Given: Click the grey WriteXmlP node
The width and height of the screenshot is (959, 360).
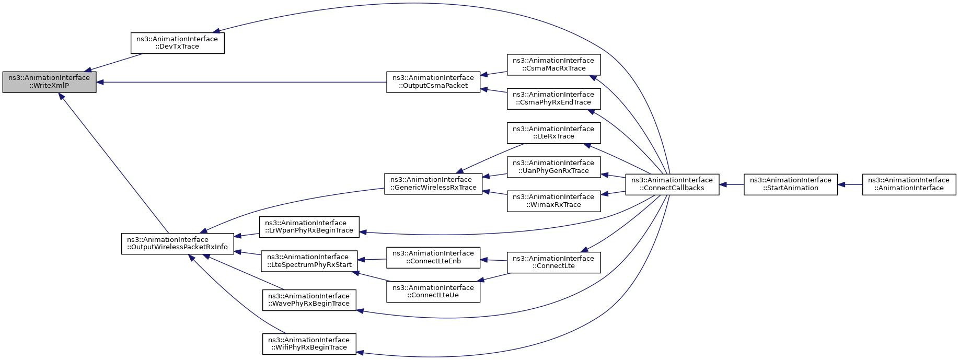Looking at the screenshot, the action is pos(50,82).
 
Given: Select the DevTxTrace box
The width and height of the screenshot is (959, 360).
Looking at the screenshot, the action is pos(177,43).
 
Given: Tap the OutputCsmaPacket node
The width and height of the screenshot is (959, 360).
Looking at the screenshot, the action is pos(433,82).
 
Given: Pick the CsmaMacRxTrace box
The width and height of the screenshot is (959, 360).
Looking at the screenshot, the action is pos(553,64).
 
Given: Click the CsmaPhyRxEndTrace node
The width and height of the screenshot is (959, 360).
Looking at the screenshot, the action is pos(553,99).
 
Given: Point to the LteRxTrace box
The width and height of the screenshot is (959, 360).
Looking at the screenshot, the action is pos(553,133).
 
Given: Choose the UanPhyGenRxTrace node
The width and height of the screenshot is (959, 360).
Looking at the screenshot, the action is pos(553,167).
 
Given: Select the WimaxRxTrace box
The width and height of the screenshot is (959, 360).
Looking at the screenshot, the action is pos(553,201).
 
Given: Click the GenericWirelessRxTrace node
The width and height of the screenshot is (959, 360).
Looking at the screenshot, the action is pos(433,184).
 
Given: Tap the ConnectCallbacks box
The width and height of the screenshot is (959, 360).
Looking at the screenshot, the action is pos(672,184).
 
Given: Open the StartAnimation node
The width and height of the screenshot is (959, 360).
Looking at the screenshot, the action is pos(791,184).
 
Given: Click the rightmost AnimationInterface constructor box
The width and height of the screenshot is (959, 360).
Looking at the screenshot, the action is pos(909,184).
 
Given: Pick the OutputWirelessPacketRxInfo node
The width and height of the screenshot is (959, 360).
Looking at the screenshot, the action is pos(178,243).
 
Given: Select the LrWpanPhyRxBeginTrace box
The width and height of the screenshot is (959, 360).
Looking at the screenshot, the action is pos(309,227).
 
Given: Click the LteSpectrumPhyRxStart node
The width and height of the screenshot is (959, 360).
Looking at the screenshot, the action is pos(309,261).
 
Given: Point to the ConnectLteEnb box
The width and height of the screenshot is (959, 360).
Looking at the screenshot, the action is pos(433,257).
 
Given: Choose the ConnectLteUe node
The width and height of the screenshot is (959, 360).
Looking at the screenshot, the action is pos(433,292).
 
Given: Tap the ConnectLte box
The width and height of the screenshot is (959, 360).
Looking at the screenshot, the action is pos(553,262).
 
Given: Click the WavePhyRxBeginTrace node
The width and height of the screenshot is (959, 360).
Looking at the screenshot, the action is pos(309,300).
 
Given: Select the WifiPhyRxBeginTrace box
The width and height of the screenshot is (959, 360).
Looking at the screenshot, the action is pos(309,344).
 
